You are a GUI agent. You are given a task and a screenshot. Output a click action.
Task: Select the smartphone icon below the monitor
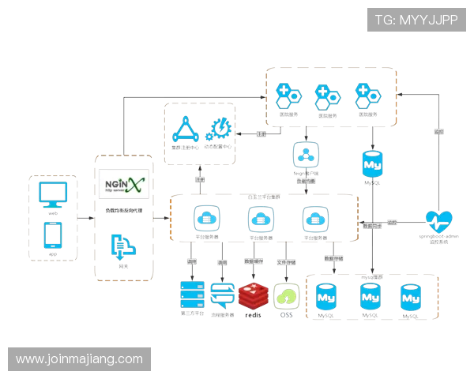click(x=54, y=235)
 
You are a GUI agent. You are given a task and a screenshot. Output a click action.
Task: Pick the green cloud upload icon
click(x=286, y=296)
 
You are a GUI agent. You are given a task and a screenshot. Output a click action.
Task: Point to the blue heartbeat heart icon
click(x=439, y=222)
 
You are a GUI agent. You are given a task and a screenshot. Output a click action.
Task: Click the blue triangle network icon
click(x=184, y=129)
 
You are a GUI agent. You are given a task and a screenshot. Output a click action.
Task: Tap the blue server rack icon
click(x=190, y=296)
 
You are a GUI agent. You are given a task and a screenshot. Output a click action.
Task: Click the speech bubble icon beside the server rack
click(x=223, y=296)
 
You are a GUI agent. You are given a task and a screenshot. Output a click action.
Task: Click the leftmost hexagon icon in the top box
click(x=288, y=96)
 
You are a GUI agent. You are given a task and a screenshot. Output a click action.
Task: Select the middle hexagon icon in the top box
click(x=326, y=96)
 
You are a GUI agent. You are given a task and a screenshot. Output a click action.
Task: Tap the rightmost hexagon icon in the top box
click(x=365, y=96)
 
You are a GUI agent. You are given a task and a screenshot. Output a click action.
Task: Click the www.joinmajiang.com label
click(x=79, y=359)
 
